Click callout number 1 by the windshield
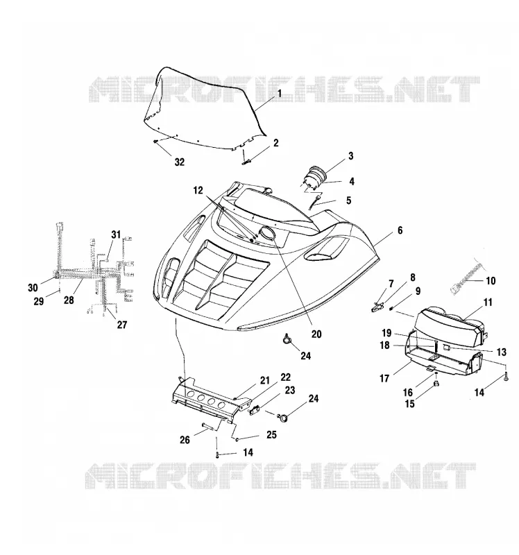(x=280, y=94)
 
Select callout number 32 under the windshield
(x=180, y=162)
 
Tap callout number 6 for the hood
(x=400, y=230)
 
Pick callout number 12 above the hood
(x=198, y=190)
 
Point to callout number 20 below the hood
(x=316, y=334)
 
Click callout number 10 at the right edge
(x=491, y=281)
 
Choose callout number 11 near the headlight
(x=488, y=302)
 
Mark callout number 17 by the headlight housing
(x=384, y=378)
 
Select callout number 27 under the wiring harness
(x=122, y=325)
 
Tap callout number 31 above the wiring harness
(x=116, y=234)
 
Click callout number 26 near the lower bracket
(x=185, y=440)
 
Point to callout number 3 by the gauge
(x=350, y=156)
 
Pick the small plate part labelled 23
(x=255, y=411)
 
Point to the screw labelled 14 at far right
(x=506, y=377)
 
